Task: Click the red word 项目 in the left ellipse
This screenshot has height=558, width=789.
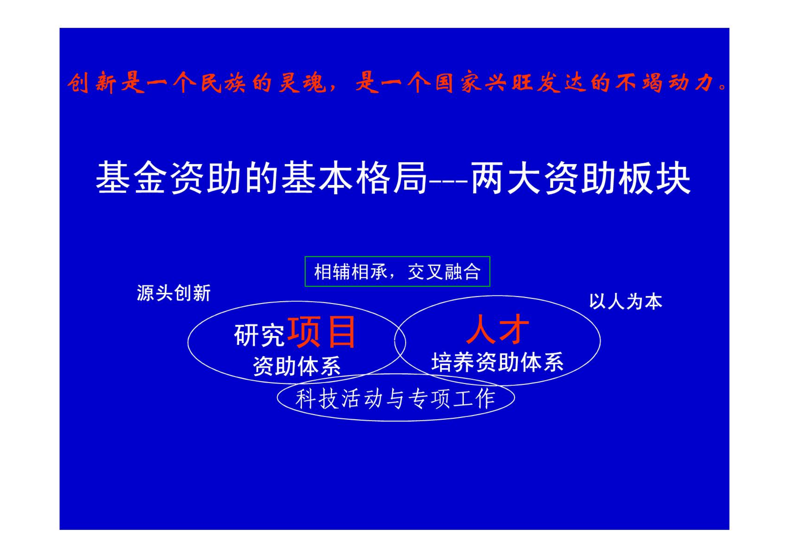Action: pyautogui.click(x=321, y=332)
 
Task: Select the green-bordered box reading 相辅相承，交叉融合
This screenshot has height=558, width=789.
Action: pyautogui.click(x=397, y=271)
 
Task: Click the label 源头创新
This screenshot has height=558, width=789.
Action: pyautogui.click(x=174, y=293)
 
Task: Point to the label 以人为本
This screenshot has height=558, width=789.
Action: pyautogui.click(x=626, y=301)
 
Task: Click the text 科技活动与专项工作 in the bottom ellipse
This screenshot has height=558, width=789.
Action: pyautogui.click(x=396, y=399)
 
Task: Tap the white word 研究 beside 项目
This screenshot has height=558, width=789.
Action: pyautogui.click(x=259, y=335)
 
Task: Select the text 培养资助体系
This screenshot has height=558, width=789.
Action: pyautogui.click(x=498, y=362)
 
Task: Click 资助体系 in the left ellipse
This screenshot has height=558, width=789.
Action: pyautogui.click(x=297, y=366)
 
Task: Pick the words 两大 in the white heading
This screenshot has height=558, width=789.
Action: pyautogui.click(x=506, y=177)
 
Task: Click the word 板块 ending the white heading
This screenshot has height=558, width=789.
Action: pyautogui.click(x=655, y=177)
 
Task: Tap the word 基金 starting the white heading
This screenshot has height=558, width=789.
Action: pyautogui.click(x=132, y=177)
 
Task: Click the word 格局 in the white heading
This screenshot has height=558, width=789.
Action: pyautogui.click(x=392, y=177)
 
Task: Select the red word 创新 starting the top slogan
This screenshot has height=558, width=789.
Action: pyautogui.click(x=92, y=83)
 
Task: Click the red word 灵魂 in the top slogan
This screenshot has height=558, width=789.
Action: pyautogui.click(x=302, y=83)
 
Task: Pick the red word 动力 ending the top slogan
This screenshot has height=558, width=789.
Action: pyautogui.click(x=691, y=83)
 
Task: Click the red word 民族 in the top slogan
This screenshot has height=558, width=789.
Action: pyautogui.click(x=223, y=83)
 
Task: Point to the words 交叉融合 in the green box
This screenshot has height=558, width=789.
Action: pyautogui.click(x=444, y=272)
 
